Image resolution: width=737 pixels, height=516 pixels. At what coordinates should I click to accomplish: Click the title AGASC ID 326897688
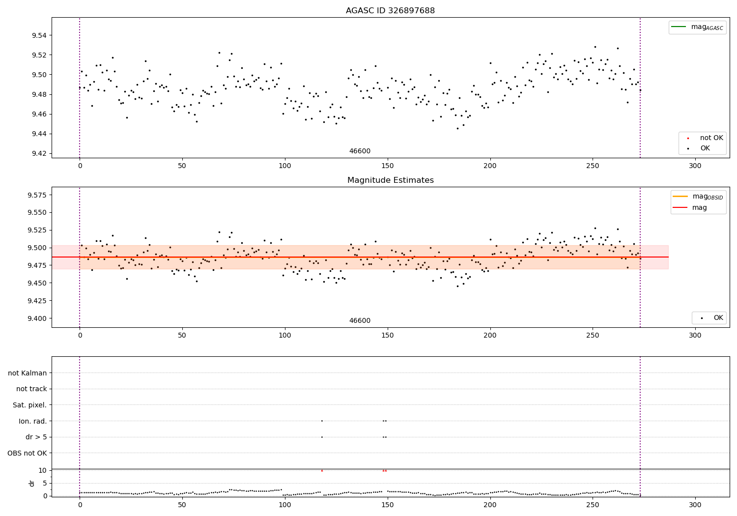(390, 11)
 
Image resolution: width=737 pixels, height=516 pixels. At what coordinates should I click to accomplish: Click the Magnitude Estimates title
(390, 180)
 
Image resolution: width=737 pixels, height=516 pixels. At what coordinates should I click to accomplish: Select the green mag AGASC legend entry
(697, 27)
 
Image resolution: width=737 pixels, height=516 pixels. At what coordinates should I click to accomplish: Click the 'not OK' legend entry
(711, 138)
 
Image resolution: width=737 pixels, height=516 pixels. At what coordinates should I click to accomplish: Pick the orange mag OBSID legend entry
(698, 197)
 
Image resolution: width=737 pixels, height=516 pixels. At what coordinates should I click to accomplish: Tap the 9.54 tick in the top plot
(39, 35)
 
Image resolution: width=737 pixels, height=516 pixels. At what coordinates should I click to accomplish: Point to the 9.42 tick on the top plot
(39, 153)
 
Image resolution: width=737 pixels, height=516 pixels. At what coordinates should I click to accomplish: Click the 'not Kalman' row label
(28, 373)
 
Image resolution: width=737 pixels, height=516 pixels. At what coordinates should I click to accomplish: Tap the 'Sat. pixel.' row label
(30, 405)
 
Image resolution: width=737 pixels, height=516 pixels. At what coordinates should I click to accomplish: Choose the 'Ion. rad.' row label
(33, 421)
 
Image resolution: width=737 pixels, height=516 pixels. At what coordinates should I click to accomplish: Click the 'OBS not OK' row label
(28, 453)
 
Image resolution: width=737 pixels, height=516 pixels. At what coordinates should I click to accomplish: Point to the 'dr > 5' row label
(36, 437)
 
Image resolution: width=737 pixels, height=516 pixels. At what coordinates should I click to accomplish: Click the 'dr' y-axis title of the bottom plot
(32, 483)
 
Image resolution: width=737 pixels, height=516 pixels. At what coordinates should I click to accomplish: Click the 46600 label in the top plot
(360, 151)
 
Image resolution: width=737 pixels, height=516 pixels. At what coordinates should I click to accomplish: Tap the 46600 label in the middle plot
(360, 321)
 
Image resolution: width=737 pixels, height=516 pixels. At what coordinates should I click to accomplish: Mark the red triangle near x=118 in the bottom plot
(322, 470)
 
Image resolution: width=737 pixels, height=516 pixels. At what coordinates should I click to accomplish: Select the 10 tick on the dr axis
(43, 470)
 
